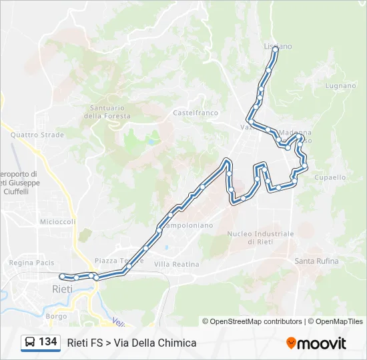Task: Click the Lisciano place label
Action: pos(278,46)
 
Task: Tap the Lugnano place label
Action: pos(340,86)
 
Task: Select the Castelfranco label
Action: pos(196,113)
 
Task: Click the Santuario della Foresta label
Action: pos(107,112)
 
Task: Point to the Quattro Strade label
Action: pos(37,135)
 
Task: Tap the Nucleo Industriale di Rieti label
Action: pos(260,237)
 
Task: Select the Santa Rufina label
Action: pos(316,261)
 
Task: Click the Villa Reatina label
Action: pos(176,265)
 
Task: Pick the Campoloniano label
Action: pos(188,225)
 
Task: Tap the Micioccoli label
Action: pos(57,222)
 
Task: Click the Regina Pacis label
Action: pos(31,263)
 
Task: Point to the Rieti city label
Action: pos(63,289)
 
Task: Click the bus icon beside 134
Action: pos(30,342)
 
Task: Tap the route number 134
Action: pos(48,342)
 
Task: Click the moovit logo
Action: pos(316,343)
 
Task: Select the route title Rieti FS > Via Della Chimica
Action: pos(131,343)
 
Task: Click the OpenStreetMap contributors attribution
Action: pos(253,321)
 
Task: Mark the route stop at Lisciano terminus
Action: pos(275,49)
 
